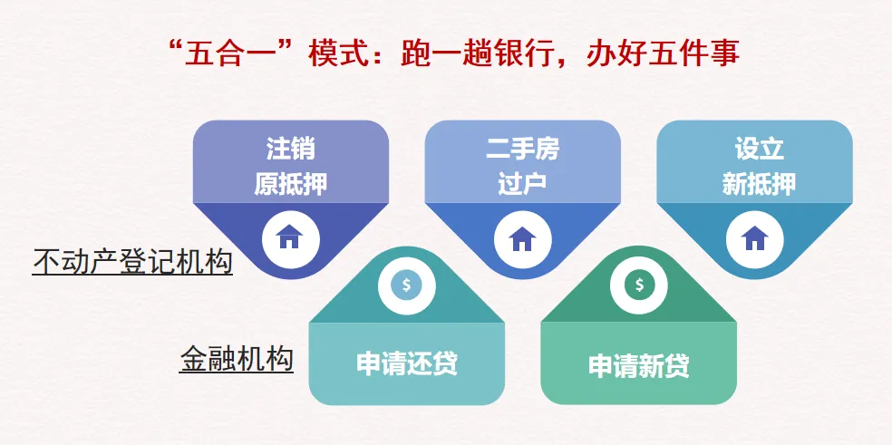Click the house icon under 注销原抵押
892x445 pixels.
[x=291, y=237]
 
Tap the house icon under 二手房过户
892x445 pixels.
[x=522, y=238]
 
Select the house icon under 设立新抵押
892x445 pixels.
[x=754, y=237]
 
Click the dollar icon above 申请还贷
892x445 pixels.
[x=406, y=285]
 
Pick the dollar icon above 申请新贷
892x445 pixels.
[x=639, y=285]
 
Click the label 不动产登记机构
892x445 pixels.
[x=132, y=263]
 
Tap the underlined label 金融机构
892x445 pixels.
[x=237, y=360]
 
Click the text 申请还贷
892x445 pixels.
[x=407, y=364]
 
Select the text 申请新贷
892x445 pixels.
[x=639, y=365]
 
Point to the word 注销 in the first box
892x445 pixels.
[x=291, y=150]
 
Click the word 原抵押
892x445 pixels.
[x=291, y=184]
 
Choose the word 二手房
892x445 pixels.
[x=523, y=150]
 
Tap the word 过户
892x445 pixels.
[x=522, y=184]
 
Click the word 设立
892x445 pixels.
[x=759, y=150]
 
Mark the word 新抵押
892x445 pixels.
[x=759, y=184]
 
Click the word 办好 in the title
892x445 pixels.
[x=611, y=53]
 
